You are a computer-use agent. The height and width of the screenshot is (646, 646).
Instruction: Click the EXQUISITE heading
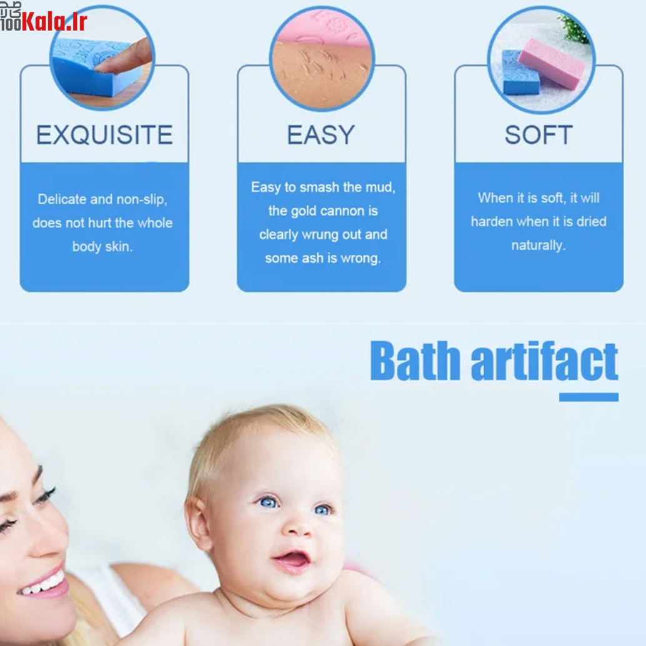(104, 135)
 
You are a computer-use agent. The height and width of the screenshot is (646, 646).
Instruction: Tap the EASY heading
(321, 135)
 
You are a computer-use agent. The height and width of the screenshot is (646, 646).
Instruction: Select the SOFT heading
(539, 135)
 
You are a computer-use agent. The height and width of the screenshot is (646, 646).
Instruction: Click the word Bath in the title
(415, 360)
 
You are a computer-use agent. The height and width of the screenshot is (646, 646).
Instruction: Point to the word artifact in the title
(545, 360)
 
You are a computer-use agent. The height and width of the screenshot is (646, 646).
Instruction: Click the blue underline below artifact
(589, 397)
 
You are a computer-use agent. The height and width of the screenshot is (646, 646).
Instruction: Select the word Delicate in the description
(62, 199)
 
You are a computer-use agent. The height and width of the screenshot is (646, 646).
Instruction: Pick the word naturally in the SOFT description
(538, 246)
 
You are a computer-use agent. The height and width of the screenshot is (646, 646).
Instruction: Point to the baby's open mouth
(292, 560)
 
